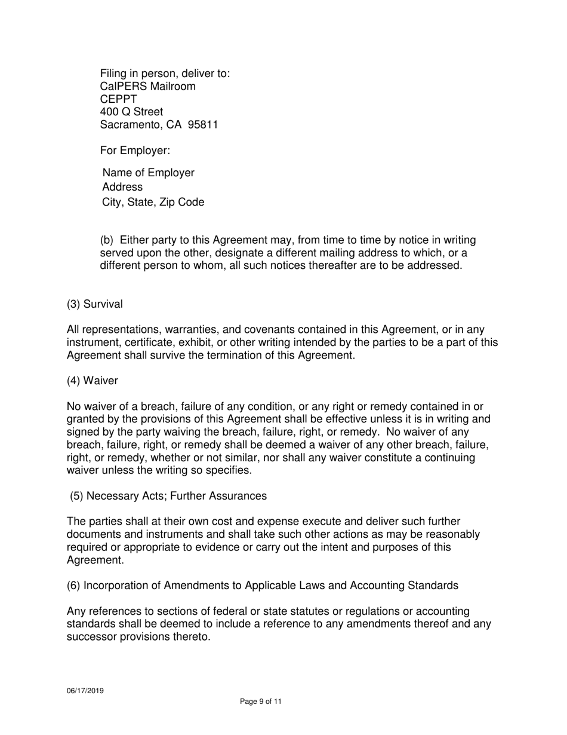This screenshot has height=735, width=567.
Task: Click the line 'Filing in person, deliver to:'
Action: point(165,73)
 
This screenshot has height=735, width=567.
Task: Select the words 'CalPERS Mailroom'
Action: point(147,87)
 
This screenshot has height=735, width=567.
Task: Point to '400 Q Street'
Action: point(131,112)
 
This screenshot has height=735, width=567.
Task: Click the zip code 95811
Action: point(203,125)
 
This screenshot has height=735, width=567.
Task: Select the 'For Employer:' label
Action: point(135,151)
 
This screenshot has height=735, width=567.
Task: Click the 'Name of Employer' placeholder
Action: point(148,173)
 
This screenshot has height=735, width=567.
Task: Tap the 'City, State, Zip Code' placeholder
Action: point(153,202)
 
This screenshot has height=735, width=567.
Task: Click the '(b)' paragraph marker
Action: point(107,240)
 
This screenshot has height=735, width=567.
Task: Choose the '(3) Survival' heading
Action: point(94,304)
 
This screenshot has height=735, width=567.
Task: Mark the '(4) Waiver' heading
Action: point(92,381)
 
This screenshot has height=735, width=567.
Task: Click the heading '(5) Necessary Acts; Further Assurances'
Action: point(168,496)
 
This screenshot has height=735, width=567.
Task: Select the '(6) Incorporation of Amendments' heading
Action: point(262,586)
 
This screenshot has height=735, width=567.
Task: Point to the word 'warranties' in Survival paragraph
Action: point(193,330)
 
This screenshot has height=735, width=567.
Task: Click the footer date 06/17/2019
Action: point(85,691)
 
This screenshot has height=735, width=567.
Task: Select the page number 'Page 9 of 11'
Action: point(260,702)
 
